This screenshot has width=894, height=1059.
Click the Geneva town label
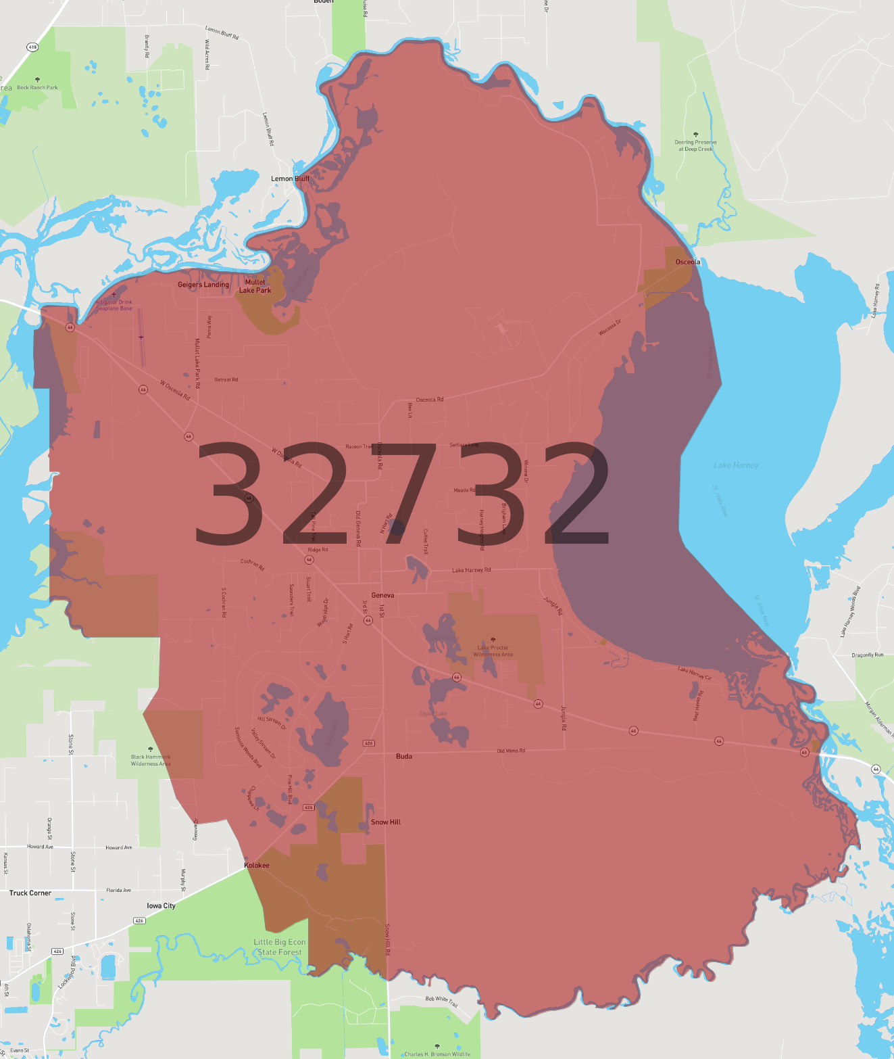point(382,595)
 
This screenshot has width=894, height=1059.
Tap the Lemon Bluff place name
point(290,179)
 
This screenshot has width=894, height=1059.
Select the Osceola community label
point(688,262)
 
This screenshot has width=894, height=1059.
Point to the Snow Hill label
point(385,822)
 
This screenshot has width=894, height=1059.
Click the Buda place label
point(404,756)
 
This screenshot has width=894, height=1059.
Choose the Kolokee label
point(257,866)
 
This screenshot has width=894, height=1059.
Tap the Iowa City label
point(161,905)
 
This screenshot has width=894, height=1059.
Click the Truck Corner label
point(30,893)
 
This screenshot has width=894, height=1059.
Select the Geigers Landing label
point(203,285)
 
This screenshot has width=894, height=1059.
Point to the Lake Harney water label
point(736,465)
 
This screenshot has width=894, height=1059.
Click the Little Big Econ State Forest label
point(280,947)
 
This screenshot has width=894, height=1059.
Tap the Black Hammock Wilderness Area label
point(151,760)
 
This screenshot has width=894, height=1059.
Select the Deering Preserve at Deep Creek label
point(695,145)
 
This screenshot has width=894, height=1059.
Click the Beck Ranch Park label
point(37,87)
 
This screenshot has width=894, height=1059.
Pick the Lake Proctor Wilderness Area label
point(493,651)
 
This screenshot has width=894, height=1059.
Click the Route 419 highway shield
point(32,47)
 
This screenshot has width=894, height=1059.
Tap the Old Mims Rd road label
point(511,751)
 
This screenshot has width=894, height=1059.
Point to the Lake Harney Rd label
point(471,570)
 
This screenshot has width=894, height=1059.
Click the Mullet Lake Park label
point(255,286)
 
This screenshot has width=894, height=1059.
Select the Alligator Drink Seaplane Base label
point(114,305)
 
